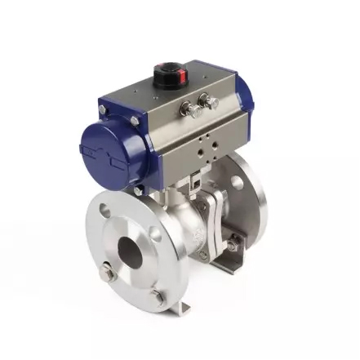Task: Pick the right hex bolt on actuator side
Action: coord(211,102)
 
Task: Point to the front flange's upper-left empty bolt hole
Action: coord(104,211)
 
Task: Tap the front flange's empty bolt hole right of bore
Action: coord(156,238)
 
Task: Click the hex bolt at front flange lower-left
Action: coord(110,275)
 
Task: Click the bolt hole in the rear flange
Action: coord(237,181)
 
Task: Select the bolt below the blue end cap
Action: coord(139,189)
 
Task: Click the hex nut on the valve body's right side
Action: coord(233,244)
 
